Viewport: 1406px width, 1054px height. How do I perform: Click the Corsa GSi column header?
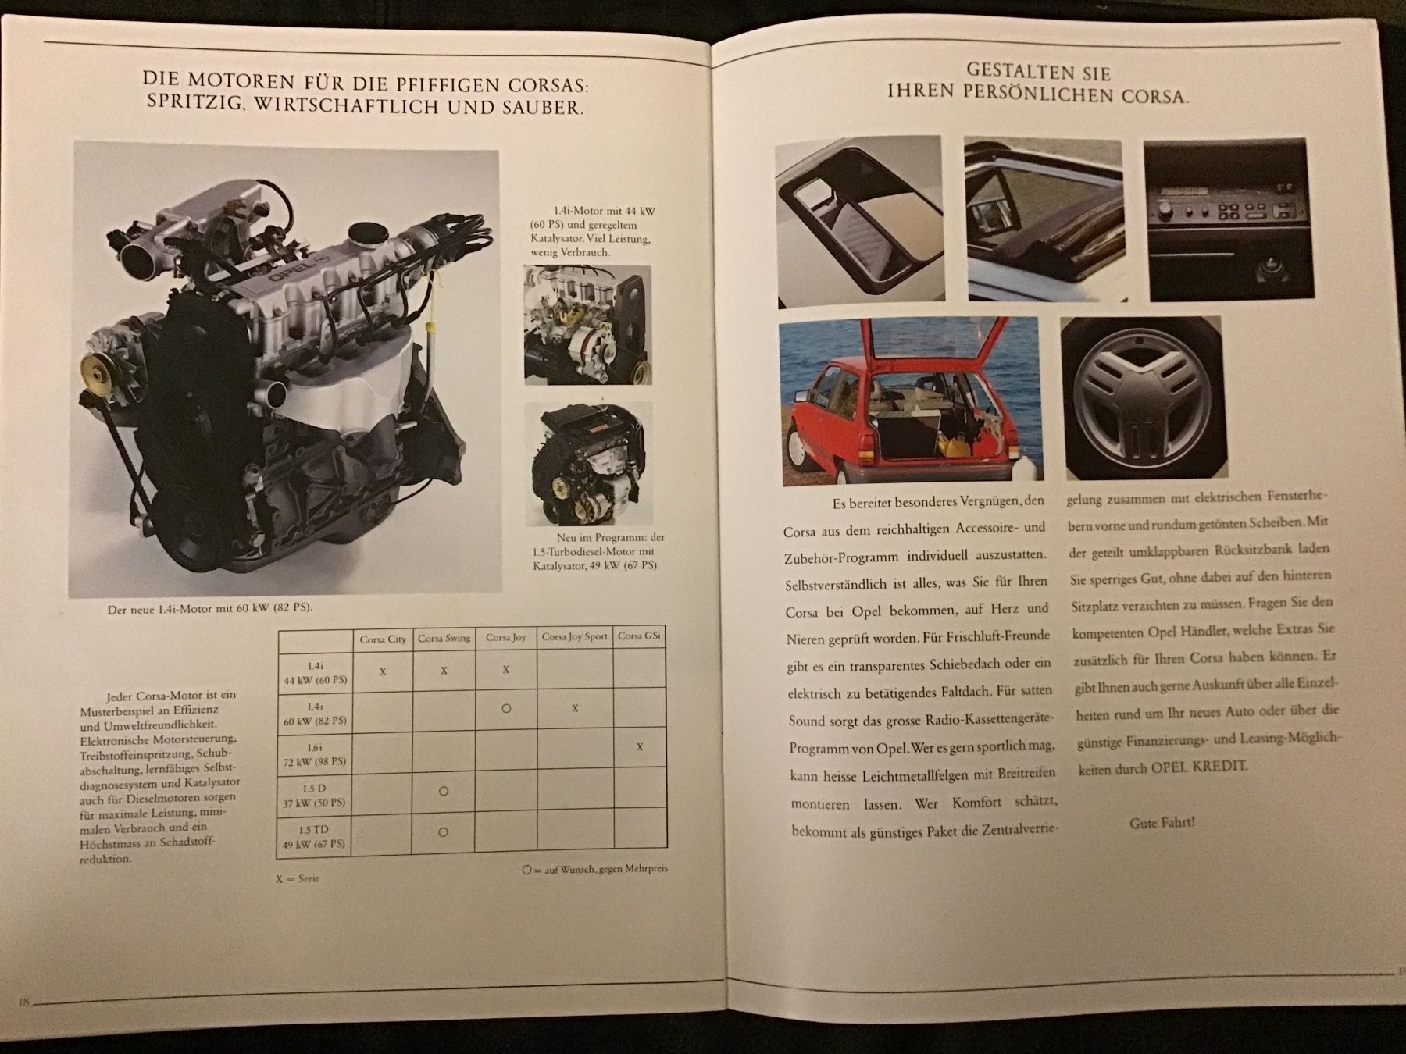pos(639,636)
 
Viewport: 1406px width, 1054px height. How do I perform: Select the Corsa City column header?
pos(383,639)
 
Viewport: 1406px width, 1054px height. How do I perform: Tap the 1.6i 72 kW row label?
pos(315,754)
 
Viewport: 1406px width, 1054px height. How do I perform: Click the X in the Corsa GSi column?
pos(640,747)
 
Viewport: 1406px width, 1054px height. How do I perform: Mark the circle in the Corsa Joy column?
pos(506,709)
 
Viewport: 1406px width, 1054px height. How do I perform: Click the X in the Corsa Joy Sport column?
pos(575,708)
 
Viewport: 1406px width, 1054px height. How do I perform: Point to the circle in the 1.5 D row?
pos(444,791)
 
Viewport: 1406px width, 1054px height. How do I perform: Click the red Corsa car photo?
pos(908,401)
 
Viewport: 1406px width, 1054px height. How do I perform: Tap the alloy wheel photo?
pos(1141,397)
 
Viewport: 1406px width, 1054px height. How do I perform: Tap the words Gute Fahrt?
pos(1162,823)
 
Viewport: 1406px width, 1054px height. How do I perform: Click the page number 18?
pos(23,1002)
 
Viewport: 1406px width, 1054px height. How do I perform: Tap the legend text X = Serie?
pos(298,878)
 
